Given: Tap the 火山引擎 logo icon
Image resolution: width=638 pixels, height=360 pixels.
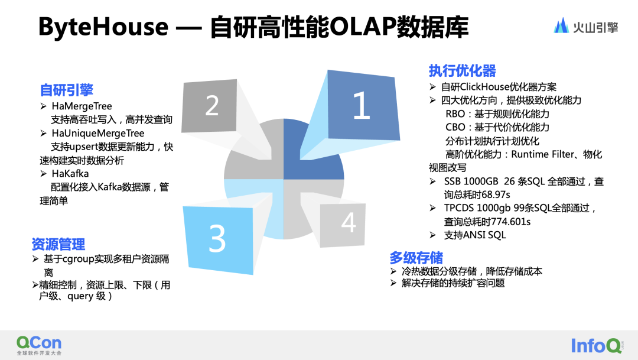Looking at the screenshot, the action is click(561, 25).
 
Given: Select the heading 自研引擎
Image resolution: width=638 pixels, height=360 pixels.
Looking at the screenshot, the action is click(67, 90).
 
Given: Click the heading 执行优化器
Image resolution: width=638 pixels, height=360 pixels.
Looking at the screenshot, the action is click(462, 72).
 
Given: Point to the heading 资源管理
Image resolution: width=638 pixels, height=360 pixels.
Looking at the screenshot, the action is click(58, 244).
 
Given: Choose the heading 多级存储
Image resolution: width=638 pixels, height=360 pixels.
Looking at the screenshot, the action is click(416, 257).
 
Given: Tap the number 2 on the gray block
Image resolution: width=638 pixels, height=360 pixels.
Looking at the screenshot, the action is click(211, 106).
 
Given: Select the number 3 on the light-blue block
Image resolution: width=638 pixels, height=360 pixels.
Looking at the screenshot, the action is click(217, 238).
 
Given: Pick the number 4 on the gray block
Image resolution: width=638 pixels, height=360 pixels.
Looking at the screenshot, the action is click(349, 223).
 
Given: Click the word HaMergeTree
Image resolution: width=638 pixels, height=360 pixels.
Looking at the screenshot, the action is click(82, 106).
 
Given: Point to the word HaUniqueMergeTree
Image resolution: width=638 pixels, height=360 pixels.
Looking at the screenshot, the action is click(97, 133).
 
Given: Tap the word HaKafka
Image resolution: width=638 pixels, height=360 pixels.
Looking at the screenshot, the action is click(70, 173).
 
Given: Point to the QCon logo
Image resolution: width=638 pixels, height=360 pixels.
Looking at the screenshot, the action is click(38, 343).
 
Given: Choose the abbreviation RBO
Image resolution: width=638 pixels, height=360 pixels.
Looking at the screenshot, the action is click(455, 113).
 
